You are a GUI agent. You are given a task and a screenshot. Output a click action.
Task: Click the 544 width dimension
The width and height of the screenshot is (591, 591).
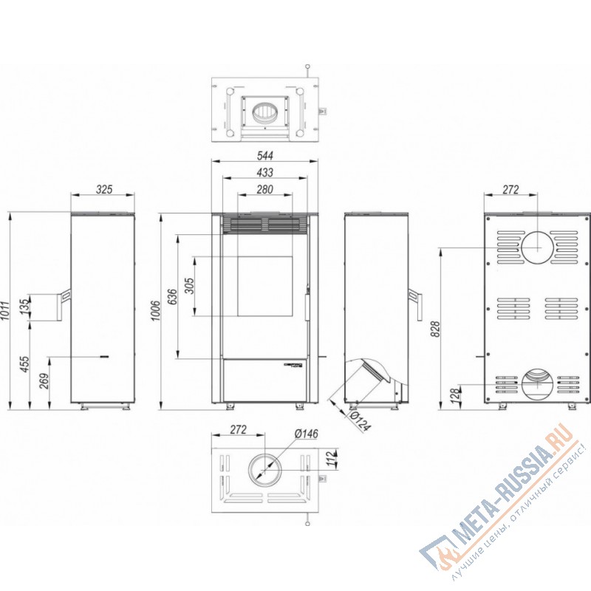pos(265,156)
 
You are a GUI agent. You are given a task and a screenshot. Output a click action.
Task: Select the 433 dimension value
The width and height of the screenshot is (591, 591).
pos(265,172)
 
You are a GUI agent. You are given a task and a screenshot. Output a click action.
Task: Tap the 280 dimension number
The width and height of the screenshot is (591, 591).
pos(265,189)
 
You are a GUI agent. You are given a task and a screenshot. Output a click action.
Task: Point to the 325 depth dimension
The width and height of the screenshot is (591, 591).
pos(103,190)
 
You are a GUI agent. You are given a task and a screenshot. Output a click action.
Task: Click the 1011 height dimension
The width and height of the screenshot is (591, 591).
pos(5,310)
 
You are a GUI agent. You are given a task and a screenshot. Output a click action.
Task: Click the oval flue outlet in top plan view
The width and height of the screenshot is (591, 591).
pos(264,114)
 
